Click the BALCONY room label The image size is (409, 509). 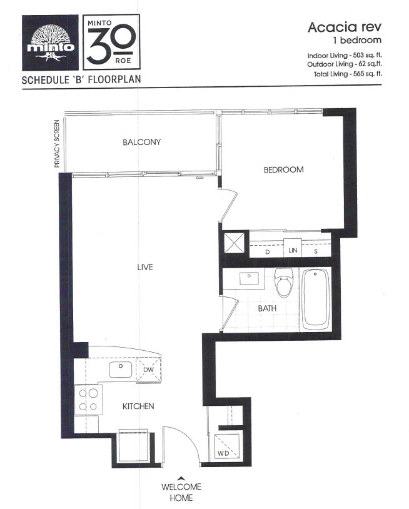coord(141,142)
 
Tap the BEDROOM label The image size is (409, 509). coord(284,170)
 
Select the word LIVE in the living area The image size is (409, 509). coord(144,267)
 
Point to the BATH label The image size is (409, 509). coord(267,308)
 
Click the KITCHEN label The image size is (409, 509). coord(138,406)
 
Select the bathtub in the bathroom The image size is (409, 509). coord(316,300)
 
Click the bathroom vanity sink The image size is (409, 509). coord(249,278)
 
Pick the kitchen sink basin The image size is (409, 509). coord(121,370)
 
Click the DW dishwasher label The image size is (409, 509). coord(148,370)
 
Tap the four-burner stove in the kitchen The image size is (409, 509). coord(89,400)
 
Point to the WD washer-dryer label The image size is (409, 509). coord(223,453)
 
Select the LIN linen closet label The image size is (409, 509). coord(293,250)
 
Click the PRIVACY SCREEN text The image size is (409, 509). coord(57,144)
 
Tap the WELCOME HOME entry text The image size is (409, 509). coord(181,492)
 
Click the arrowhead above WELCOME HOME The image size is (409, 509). coord(181,478)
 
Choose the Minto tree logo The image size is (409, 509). coord(50,43)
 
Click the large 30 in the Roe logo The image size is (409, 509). coord(111,44)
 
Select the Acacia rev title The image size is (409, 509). coord(345,28)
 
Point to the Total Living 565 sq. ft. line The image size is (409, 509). coord(348,74)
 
